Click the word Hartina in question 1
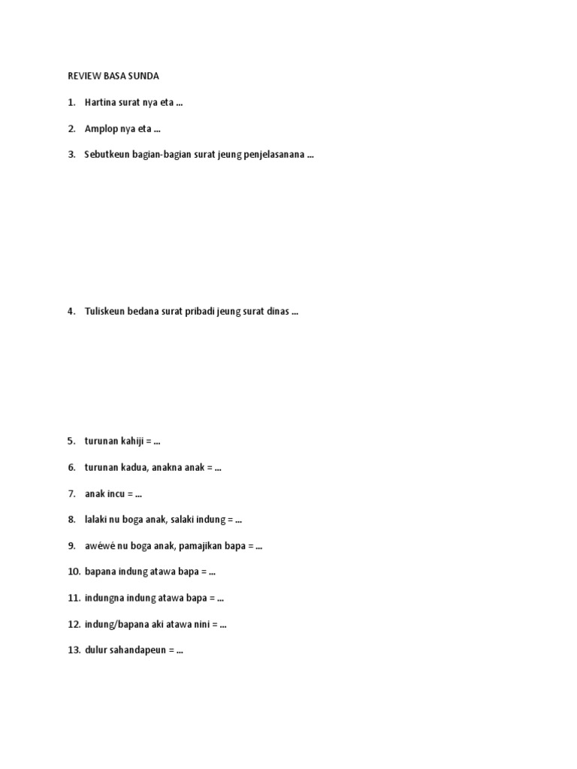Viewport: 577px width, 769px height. point(101,103)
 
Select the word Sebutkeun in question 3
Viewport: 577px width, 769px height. point(107,155)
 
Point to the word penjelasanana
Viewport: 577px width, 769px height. point(274,155)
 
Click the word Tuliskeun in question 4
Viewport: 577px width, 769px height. point(106,312)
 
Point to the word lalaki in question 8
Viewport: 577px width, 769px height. point(95,520)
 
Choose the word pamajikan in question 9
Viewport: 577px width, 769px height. point(201,546)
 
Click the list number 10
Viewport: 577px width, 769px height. point(74,571)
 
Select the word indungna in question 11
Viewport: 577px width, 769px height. point(103,598)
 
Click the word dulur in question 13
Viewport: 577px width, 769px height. point(95,650)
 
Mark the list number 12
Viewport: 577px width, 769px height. point(74,624)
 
